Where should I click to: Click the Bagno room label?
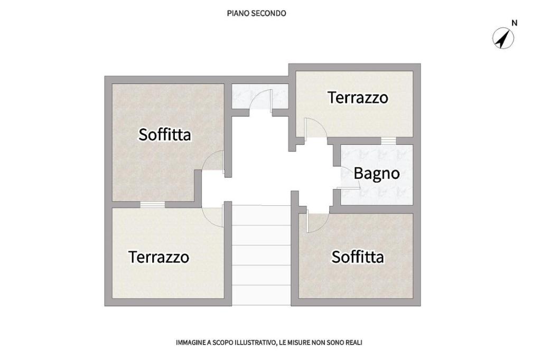(377, 174)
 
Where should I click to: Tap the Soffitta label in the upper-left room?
(165, 134)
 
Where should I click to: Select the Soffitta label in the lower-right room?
(358, 257)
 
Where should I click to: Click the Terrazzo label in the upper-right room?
(358, 98)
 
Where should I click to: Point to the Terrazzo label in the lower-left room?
(158, 257)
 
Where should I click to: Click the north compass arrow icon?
(503, 38)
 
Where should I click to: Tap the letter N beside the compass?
(514, 23)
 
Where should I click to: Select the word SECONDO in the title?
(268, 13)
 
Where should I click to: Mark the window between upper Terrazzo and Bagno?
(388, 141)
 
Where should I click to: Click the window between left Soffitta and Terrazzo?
(153, 204)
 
